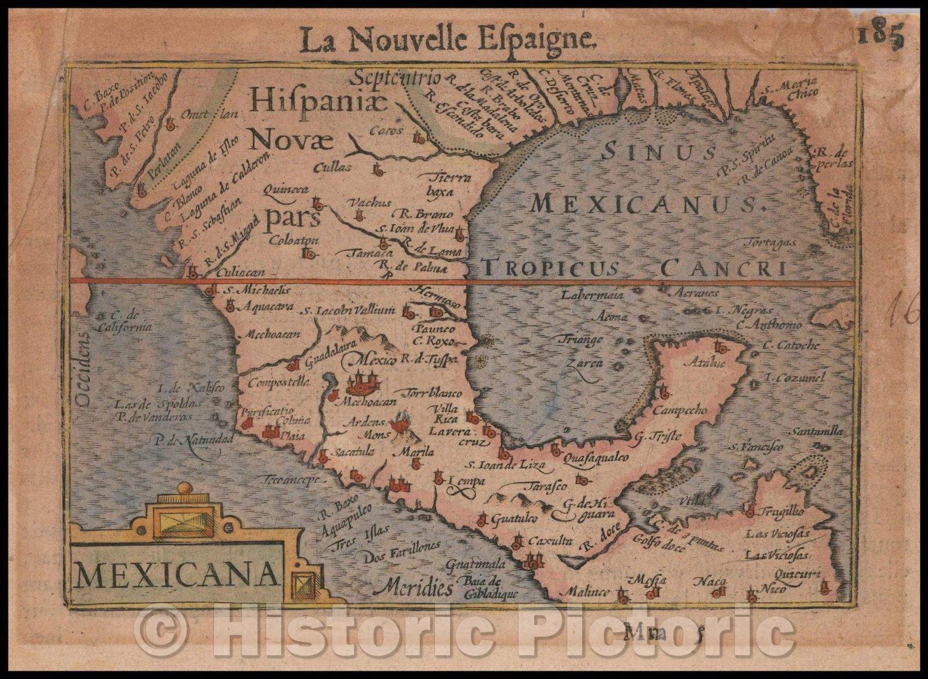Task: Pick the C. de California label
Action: pos(132,321)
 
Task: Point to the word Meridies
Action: pos(412,588)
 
